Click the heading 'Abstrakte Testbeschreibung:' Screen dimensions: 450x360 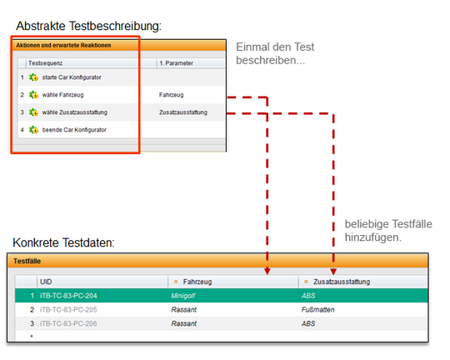(88, 26)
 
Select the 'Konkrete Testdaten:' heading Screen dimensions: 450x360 (63, 242)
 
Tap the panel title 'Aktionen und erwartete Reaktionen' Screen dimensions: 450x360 (63, 45)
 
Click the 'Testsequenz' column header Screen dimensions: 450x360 (45, 63)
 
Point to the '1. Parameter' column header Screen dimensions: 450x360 (176, 63)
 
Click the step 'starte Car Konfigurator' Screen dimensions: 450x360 (72, 77)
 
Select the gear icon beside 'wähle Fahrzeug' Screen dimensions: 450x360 (33, 95)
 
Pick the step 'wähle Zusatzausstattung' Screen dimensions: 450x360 (75, 112)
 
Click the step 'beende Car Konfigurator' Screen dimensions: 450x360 (74, 130)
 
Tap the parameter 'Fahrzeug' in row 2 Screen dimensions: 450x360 (172, 95)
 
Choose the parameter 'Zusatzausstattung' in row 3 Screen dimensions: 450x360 (183, 112)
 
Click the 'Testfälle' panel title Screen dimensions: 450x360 (27, 261)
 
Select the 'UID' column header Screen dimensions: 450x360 (46, 282)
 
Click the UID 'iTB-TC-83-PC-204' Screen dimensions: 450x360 (68, 296)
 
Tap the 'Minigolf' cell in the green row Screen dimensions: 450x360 (183, 296)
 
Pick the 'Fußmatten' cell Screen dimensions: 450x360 (317, 310)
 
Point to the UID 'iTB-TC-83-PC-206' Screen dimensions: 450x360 (68, 324)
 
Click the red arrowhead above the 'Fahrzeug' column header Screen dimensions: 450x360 (267, 272)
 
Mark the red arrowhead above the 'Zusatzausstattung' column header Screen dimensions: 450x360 (333, 272)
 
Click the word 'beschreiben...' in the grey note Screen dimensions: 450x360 (270, 60)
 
